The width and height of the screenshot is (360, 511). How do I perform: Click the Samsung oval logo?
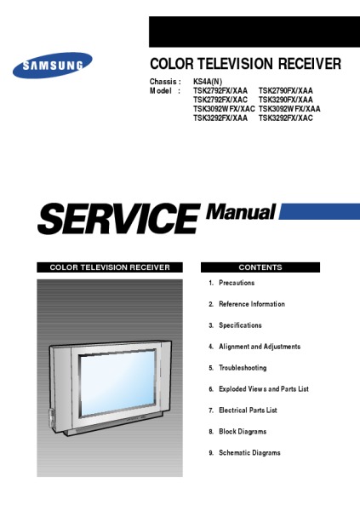pyautogui.click(x=53, y=66)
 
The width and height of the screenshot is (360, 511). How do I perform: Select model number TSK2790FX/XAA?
pyautogui.click(x=286, y=90)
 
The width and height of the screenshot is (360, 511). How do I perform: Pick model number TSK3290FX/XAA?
pyautogui.click(x=286, y=100)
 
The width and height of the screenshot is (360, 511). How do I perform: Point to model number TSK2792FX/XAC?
pyautogui.click(x=220, y=100)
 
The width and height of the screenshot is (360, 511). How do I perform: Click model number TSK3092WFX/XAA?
pyautogui.click(x=289, y=109)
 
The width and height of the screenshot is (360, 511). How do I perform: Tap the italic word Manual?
pyautogui.click(x=241, y=212)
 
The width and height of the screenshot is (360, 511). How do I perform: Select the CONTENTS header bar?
pyautogui.click(x=260, y=267)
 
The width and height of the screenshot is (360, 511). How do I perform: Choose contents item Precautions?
pyautogui.click(x=237, y=283)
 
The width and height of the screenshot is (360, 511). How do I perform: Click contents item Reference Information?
pyautogui.click(x=252, y=304)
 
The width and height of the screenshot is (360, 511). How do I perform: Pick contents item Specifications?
pyautogui.click(x=240, y=325)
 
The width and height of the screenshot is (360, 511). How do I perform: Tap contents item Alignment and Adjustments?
pyautogui.click(x=260, y=347)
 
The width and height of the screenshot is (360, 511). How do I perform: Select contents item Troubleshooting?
pyautogui.click(x=243, y=368)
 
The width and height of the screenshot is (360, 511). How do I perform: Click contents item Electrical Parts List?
pyautogui.click(x=248, y=410)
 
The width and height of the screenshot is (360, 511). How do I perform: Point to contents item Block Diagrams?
pyautogui.click(x=243, y=432)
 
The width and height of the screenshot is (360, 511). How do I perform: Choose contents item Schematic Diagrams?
pyautogui.click(x=249, y=453)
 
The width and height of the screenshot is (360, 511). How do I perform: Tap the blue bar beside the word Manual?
pyautogui.click(x=319, y=211)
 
